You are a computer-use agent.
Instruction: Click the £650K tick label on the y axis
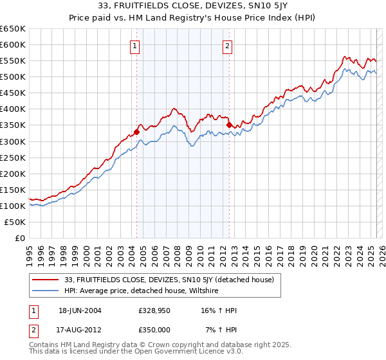point(13,29)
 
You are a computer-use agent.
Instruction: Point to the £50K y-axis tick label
point(15,222)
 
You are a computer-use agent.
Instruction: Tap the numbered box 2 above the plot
point(228,46)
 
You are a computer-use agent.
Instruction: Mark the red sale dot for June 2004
point(136,132)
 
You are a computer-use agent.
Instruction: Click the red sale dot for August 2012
point(229,125)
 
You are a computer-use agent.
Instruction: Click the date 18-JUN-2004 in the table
point(79,310)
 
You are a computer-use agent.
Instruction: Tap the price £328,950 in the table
point(154,310)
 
